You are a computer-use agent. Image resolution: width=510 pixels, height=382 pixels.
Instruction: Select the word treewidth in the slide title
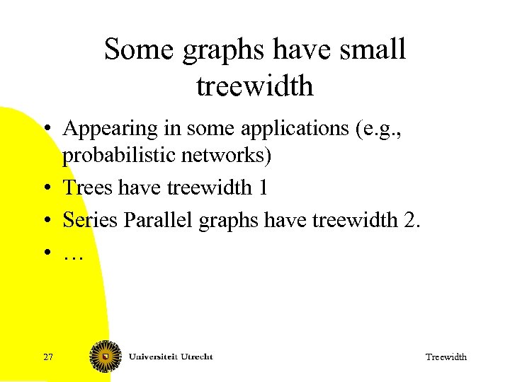255,86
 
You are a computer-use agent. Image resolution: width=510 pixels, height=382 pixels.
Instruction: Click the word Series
90,220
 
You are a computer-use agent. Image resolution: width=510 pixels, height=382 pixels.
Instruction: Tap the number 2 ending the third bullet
410,220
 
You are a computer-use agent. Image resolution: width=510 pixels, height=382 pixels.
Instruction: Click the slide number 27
48,357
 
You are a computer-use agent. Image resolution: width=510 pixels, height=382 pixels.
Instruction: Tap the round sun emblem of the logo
105,356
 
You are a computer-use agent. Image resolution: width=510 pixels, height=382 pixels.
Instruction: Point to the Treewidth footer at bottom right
446,357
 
